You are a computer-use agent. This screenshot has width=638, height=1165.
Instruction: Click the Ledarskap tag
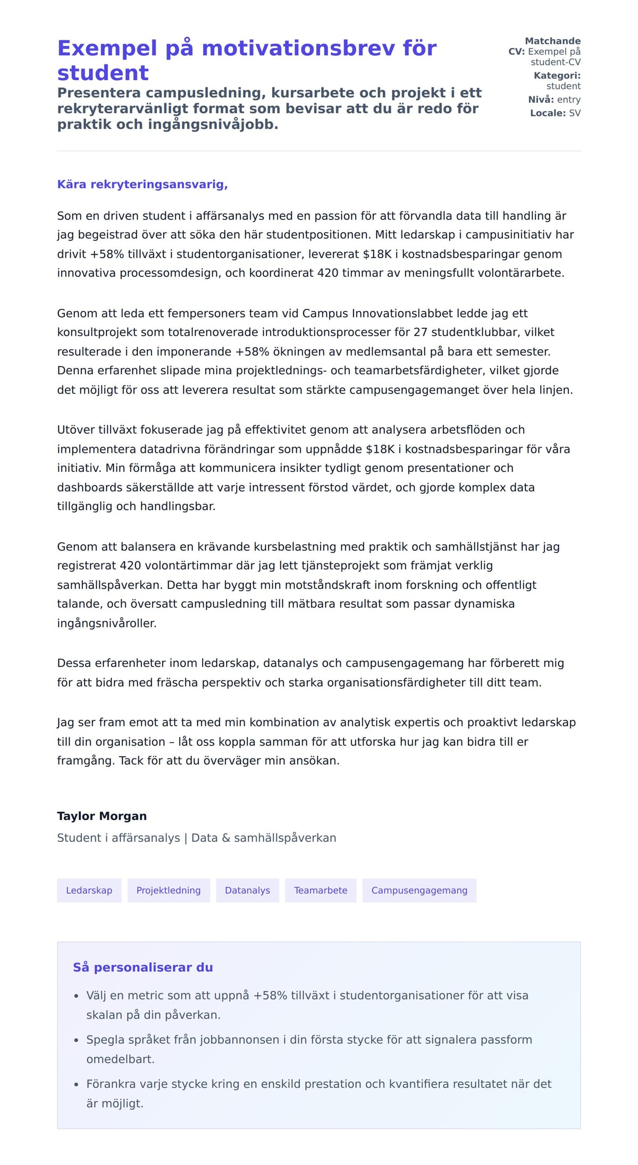[x=89, y=890]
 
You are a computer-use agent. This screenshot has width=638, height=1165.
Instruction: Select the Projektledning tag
[x=169, y=890]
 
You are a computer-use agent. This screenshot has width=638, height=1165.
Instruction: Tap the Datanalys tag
[x=247, y=890]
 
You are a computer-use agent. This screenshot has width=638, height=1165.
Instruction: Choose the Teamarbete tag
[x=321, y=890]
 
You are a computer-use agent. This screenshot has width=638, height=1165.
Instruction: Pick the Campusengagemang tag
[x=419, y=890]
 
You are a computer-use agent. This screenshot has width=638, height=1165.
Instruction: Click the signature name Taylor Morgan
[x=102, y=816]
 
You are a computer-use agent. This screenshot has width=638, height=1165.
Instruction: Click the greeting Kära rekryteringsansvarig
[x=142, y=184]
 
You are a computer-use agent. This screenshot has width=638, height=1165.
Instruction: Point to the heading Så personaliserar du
[x=142, y=967]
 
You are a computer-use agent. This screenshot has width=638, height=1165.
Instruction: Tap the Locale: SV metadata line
[x=555, y=113]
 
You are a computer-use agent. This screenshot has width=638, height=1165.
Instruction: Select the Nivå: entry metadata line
[x=554, y=99]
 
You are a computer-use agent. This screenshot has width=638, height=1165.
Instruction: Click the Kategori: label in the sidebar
[x=557, y=75]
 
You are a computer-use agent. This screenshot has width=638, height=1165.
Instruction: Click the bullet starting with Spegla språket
[x=308, y=1040]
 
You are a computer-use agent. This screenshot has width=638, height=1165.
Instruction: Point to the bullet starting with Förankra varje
[x=318, y=1084]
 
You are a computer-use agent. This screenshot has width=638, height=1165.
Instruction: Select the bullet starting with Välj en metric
[x=307, y=995]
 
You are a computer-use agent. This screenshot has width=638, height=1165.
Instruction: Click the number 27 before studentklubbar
[x=420, y=332]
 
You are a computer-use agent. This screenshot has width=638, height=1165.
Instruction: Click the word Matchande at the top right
[x=552, y=41]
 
